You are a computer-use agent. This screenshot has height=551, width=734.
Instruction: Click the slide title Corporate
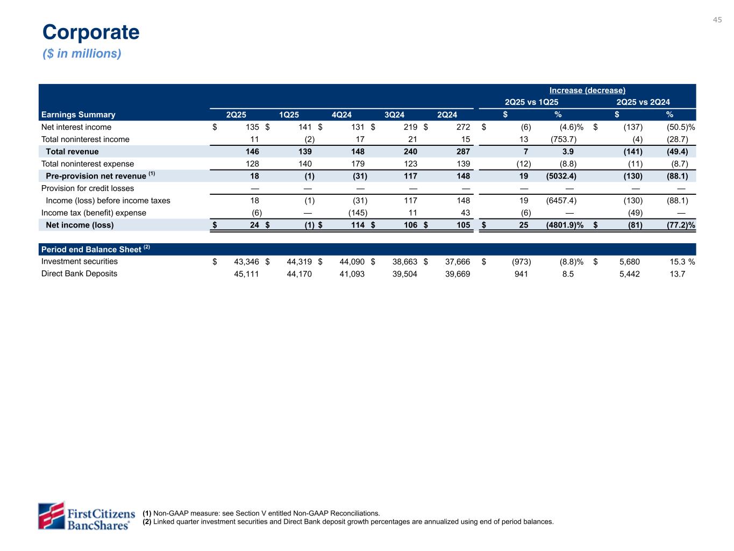click(91, 32)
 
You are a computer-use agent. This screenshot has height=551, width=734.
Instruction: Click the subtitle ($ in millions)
click(82, 54)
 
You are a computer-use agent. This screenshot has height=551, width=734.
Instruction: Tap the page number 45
click(717, 20)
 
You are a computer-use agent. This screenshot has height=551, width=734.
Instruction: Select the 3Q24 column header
click(394, 115)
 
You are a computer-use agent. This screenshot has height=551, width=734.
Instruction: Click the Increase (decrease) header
click(587, 90)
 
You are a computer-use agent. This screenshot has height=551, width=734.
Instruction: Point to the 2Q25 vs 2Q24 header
click(643, 102)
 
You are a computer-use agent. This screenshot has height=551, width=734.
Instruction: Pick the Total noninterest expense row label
click(88, 164)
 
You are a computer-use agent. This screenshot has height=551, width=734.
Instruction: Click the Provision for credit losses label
click(88, 188)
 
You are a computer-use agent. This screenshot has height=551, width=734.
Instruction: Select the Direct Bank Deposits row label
click(79, 273)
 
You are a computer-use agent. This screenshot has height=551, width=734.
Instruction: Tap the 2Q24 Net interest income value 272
click(462, 127)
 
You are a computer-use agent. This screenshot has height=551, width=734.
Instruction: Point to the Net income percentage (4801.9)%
click(561, 225)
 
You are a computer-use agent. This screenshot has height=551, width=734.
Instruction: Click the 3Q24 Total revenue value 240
click(410, 152)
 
